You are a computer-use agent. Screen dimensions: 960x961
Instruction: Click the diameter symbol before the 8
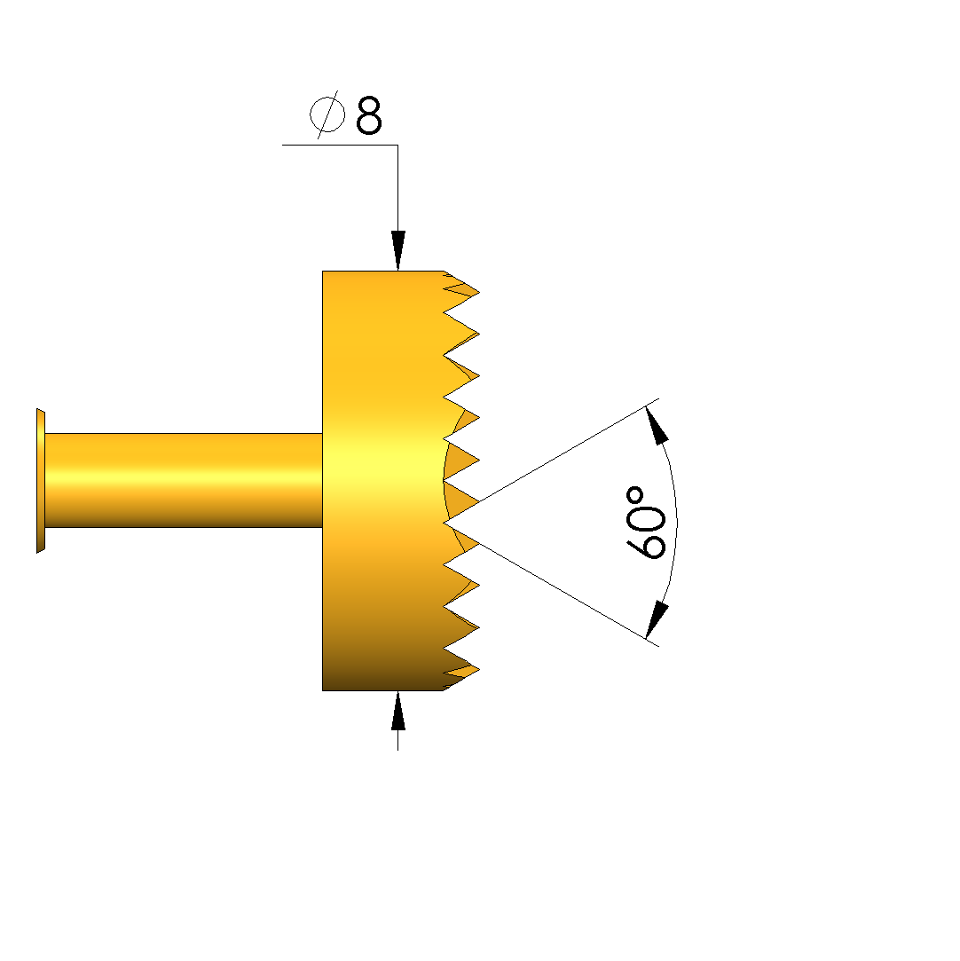pyautogui.click(x=327, y=114)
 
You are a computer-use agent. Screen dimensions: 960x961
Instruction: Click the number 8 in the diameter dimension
pyautogui.click(x=369, y=114)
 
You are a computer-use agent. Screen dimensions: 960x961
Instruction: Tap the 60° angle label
pyautogui.click(x=646, y=523)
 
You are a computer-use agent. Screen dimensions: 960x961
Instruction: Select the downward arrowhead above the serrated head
pyautogui.click(x=398, y=250)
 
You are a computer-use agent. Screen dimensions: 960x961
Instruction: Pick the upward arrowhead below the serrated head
pyautogui.click(x=398, y=711)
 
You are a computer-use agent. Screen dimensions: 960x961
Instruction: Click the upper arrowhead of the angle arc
pyautogui.click(x=657, y=425)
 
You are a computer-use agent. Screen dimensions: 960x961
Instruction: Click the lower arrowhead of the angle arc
pyautogui.click(x=657, y=620)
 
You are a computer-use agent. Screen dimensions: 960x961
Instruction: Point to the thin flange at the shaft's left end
pyautogui.click(x=41, y=481)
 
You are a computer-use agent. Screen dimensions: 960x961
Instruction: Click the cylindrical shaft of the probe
pyautogui.click(x=184, y=480)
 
